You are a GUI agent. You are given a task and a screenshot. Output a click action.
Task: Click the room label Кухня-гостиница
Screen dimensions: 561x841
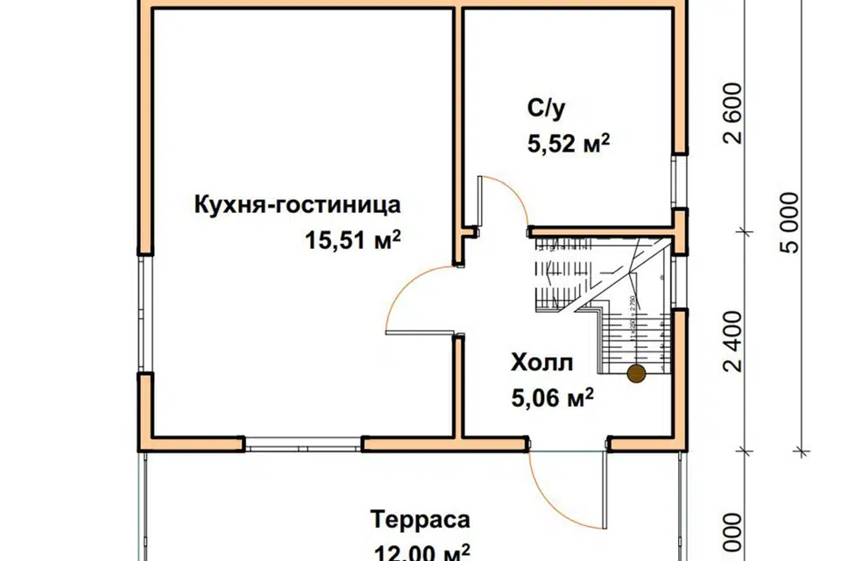click(x=297, y=206)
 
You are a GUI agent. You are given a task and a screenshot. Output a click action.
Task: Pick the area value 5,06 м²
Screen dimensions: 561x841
click(x=552, y=399)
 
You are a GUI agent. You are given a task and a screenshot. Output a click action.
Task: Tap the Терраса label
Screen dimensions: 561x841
click(x=420, y=519)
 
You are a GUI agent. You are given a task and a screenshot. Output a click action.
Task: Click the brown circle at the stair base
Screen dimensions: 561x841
click(x=635, y=373)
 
